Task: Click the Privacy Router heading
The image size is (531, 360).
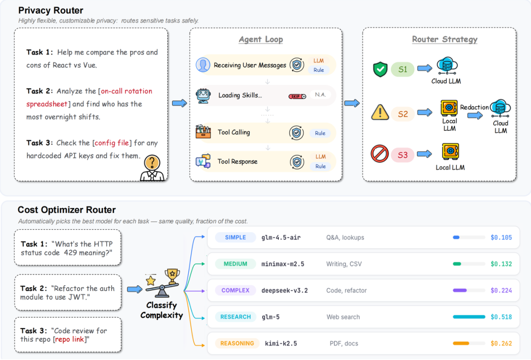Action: point(51,10)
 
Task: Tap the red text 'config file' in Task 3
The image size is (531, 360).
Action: point(112,143)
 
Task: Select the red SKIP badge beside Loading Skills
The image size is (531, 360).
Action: point(297,96)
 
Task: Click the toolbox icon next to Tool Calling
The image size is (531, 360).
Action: point(203,132)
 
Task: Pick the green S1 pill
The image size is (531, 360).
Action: point(403,70)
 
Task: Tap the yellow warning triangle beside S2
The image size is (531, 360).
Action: point(380,113)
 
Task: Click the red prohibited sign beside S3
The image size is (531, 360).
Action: point(380,154)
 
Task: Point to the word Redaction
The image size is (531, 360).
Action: point(474,107)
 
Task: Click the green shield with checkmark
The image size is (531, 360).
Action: point(380,69)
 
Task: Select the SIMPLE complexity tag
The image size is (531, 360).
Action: point(236,238)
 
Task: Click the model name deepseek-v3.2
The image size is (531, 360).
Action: point(285,291)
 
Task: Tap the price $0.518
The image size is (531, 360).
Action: point(501,317)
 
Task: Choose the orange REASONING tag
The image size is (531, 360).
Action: point(237,344)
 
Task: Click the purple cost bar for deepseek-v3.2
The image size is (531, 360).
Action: point(460,291)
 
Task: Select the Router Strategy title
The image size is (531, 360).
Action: point(444,39)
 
